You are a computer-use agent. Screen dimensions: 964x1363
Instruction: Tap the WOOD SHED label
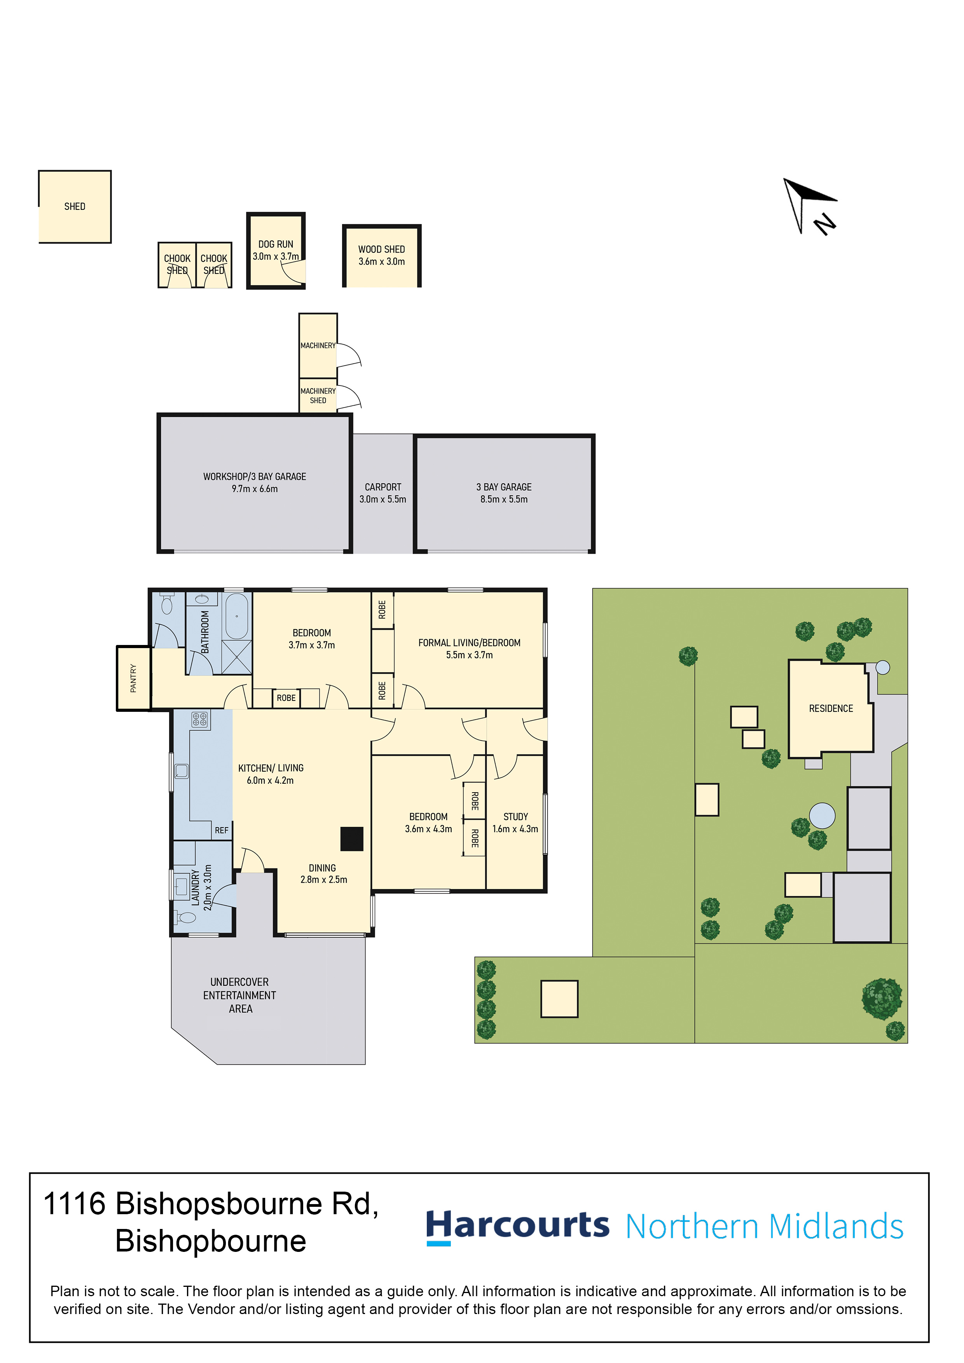point(381,249)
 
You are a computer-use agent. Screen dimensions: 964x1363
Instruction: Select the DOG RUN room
point(276,251)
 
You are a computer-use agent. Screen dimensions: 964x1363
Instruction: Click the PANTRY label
point(133,678)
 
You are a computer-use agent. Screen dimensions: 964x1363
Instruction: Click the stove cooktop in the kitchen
point(199,720)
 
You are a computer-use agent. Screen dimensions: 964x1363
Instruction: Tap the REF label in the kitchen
point(222,830)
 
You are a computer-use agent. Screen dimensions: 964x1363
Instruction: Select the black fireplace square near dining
point(352,839)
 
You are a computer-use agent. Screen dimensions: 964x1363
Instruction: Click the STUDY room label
point(515,817)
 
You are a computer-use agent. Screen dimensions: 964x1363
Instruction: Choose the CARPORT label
point(383,487)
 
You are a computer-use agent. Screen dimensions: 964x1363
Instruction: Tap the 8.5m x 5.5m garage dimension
point(504,499)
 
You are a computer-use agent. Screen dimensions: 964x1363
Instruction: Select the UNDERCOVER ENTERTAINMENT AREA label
point(239,995)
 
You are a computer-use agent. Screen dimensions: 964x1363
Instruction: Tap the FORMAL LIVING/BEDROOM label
point(469,643)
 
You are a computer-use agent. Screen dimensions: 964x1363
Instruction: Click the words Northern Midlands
point(765,1227)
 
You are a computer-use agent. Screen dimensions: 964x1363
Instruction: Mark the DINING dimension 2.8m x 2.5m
point(324,880)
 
